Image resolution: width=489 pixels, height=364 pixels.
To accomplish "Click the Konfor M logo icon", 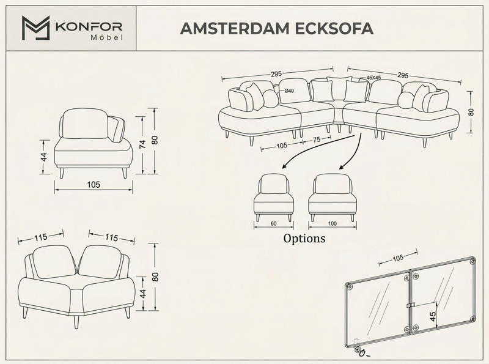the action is [35, 28].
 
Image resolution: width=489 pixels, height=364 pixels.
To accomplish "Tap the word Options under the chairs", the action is [304, 238].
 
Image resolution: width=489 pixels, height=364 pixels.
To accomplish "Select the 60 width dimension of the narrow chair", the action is [273, 223].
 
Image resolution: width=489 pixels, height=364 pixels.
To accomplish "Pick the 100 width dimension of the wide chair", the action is [333, 223].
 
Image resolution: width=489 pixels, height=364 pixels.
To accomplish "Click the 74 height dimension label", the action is [142, 144].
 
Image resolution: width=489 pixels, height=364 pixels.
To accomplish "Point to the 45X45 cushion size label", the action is [373, 78].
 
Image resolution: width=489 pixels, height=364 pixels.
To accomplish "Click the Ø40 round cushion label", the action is [289, 91].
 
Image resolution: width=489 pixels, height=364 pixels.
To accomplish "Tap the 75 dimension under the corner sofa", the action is [317, 140].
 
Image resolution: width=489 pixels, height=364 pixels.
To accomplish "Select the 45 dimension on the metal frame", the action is [432, 317].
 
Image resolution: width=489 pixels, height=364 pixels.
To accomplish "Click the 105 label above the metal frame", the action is [398, 258].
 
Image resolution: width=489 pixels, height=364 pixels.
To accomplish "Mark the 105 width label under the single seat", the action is [94, 185].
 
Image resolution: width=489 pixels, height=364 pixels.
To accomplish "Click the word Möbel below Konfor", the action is [106, 38].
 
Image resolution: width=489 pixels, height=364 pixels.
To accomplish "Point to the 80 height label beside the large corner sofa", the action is [471, 112].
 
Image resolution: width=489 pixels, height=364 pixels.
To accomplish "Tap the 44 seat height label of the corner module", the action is [142, 294].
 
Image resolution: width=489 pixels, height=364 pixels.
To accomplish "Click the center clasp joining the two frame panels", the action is [411, 305].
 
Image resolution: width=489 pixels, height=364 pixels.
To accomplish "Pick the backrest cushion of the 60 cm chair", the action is [273, 185].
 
